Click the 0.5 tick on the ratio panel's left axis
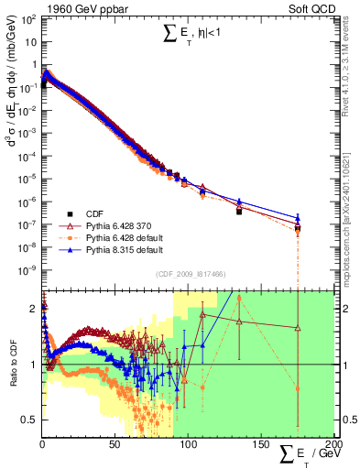click(31, 420)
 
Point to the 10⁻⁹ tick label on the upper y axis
click(28, 269)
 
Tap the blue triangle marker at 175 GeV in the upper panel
click(298, 218)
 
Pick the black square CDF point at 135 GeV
click(239, 211)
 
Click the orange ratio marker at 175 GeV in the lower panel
click(298, 388)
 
